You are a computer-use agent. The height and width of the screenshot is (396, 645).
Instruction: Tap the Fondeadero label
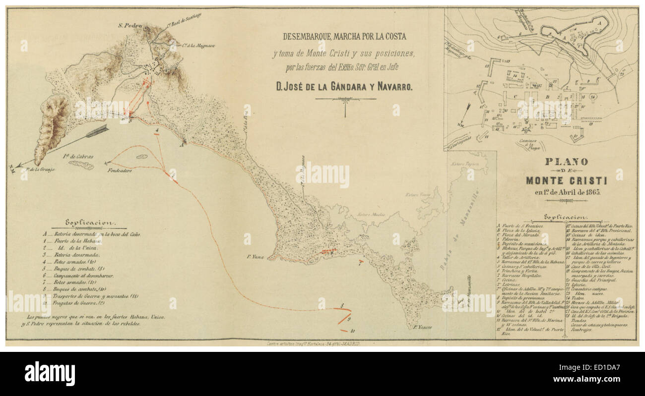pyautogui.click(x=119, y=170)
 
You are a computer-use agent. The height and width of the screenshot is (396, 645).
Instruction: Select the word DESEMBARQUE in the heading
pyautogui.click(x=307, y=36)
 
